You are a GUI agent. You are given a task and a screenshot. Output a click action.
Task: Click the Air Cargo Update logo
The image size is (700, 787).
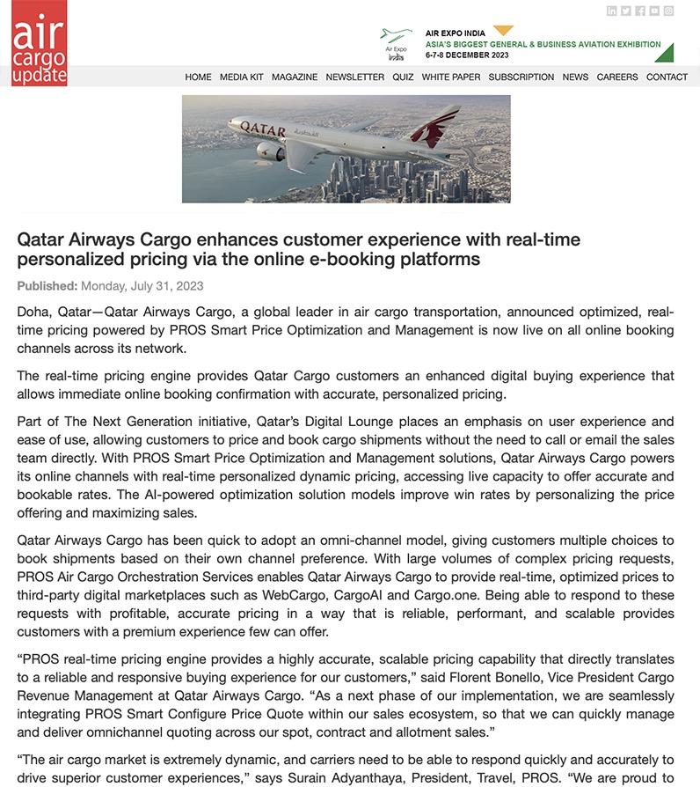point(39,43)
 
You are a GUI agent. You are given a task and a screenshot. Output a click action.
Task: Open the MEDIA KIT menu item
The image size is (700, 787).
point(241,77)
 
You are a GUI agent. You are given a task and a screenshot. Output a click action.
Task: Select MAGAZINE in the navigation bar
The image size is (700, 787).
point(295,77)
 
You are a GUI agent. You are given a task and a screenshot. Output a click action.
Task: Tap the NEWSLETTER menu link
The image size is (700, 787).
point(354,77)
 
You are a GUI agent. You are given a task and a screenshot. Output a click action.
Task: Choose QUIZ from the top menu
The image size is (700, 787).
point(403,77)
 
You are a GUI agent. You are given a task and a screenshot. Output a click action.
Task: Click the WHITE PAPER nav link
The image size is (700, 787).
point(451,77)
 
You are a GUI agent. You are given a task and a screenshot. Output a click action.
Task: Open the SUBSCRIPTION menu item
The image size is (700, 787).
point(521,77)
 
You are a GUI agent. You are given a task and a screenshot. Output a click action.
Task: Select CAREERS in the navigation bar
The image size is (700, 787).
point(617,77)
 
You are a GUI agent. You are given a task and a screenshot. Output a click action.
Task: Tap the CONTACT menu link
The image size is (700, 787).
point(667,77)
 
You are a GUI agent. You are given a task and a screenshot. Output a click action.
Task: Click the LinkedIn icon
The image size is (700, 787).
point(612,11)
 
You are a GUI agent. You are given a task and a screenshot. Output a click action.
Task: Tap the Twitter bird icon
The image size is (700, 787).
point(626,11)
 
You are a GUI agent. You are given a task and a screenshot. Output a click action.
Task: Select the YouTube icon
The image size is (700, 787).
point(654,11)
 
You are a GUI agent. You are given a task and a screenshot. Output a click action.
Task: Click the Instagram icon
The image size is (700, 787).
point(668,11)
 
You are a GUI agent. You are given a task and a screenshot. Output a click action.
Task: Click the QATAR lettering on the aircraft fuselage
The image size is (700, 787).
point(263,129)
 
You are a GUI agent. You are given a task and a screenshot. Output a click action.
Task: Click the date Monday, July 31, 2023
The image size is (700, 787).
point(142,286)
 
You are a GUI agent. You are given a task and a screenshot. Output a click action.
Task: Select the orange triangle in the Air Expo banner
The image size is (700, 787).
point(503,31)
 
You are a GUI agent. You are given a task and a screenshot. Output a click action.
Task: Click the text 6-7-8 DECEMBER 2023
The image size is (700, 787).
point(467,55)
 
